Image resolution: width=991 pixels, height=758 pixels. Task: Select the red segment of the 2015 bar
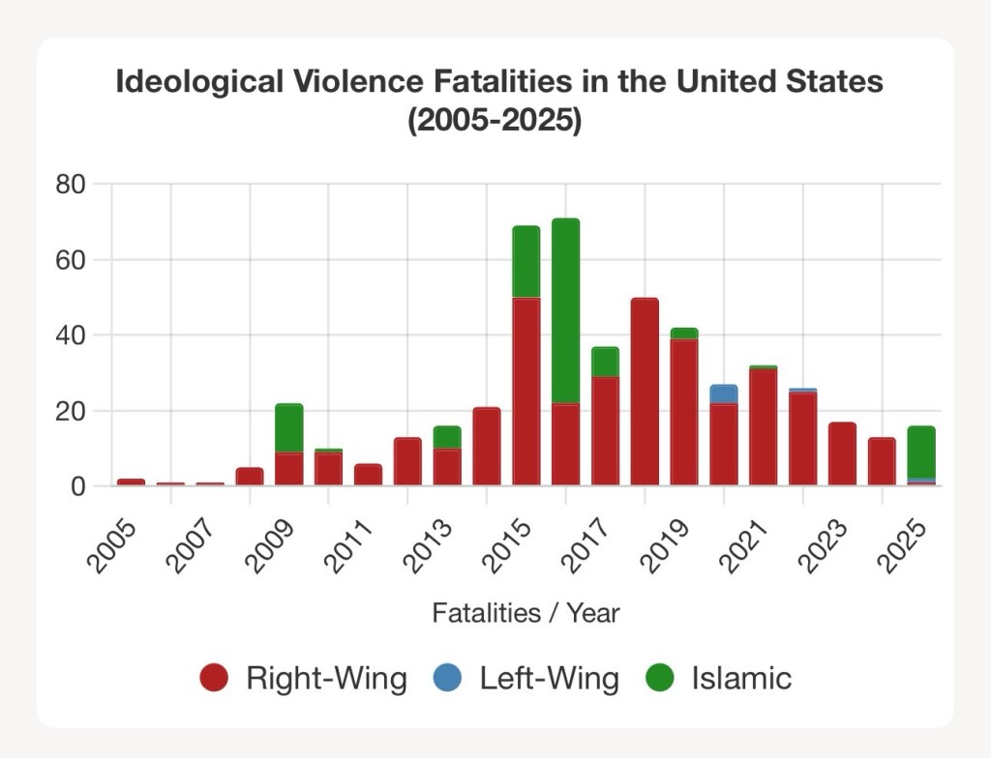point(526,392)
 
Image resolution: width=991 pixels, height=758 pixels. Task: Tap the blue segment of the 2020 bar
point(724,394)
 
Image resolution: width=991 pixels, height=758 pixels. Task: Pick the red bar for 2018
point(645,392)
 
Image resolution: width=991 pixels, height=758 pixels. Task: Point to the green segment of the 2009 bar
point(289,427)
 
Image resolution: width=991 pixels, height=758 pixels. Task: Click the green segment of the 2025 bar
point(921,452)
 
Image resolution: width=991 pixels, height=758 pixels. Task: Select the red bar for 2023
point(842,453)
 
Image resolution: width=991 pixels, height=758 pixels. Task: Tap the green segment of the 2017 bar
point(605,362)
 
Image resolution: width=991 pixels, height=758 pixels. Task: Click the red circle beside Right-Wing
point(214,678)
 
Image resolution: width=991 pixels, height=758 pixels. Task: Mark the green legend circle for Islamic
point(660,678)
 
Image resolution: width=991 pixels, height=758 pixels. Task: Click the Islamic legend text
point(741,678)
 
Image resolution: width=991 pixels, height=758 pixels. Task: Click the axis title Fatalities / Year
point(526,613)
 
